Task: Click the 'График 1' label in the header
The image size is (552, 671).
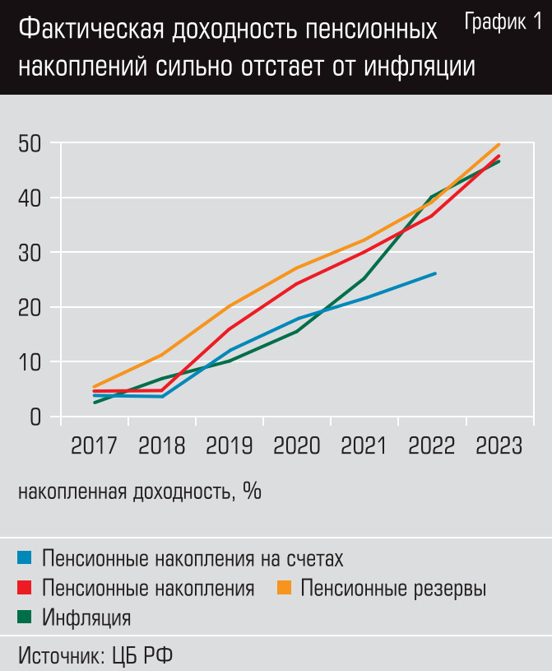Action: (503, 22)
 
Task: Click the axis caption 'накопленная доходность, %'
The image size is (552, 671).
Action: (139, 492)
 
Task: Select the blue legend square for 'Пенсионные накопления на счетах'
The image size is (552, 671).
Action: (25, 559)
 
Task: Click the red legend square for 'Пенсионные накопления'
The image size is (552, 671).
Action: (25, 589)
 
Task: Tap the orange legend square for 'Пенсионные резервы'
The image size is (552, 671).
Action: (284, 589)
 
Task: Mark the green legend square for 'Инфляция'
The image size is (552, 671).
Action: (25, 617)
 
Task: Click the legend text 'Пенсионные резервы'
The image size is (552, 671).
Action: (393, 589)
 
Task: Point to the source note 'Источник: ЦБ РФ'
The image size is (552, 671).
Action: (95, 655)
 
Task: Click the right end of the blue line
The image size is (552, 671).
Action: (435, 273)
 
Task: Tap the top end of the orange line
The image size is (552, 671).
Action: (499, 144)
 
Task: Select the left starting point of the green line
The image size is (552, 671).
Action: (95, 403)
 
